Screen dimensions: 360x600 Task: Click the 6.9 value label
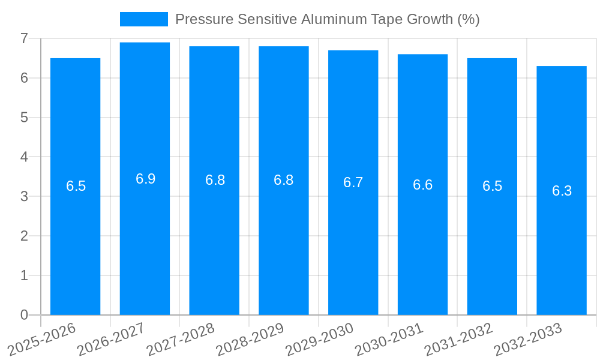145,179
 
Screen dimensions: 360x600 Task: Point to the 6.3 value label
562,191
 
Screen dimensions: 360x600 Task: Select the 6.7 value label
353,182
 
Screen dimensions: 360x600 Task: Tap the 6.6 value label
422,185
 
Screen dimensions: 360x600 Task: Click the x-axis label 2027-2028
181,340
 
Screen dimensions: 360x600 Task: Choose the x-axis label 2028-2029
250,340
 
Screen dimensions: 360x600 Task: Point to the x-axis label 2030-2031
389,340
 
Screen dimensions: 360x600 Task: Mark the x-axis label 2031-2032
459,340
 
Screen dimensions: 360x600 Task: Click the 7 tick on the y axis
24,38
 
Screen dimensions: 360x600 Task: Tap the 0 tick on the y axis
24,315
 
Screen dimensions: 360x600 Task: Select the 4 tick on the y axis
24,157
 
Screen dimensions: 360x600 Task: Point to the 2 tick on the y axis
24,236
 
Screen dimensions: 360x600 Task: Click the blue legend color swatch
143,19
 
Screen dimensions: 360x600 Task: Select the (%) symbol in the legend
468,19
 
